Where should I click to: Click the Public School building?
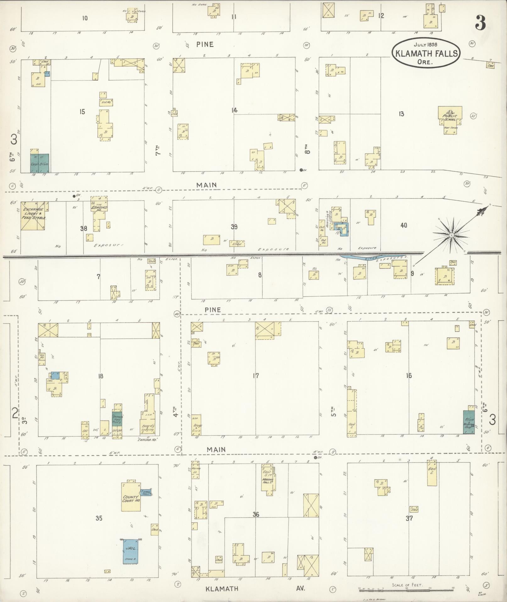pyautogui.click(x=450, y=116)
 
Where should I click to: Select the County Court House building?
pyautogui.click(x=131, y=499)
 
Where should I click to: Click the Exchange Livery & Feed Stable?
pyautogui.click(x=33, y=216)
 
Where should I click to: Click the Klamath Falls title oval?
pyautogui.click(x=426, y=53)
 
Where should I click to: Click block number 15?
pyautogui.click(x=82, y=112)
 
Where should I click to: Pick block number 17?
pyautogui.click(x=256, y=375)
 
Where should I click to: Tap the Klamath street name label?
pyautogui.click(x=222, y=589)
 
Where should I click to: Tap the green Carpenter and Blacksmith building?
pyautogui.click(x=39, y=163)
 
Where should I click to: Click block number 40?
pyautogui.click(x=404, y=225)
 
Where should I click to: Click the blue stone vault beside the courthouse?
pyautogui.click(x=146, y=492)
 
